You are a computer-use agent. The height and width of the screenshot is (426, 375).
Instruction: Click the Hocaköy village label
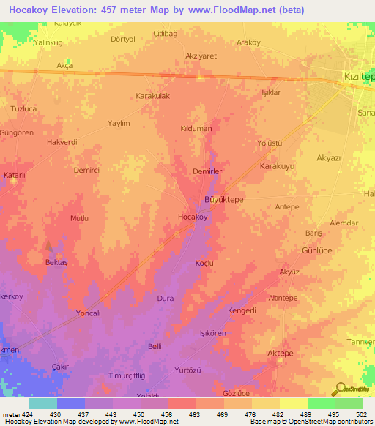point(193,217)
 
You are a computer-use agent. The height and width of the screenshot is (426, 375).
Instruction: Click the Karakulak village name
point(153,97)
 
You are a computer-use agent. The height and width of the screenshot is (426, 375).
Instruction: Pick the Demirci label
point(86,170)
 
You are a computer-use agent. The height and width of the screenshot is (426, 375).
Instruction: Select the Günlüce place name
point(318,250)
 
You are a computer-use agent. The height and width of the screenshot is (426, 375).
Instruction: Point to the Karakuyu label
point(277,167)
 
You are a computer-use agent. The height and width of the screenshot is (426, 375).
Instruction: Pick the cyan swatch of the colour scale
point(43,403)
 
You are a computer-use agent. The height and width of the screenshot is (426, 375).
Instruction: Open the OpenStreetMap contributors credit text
point(321,422)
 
